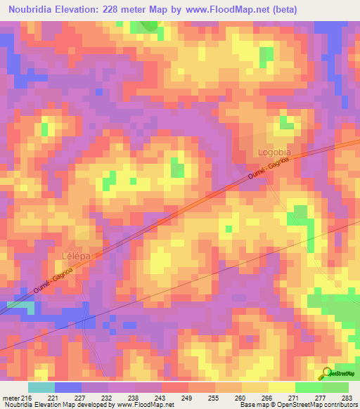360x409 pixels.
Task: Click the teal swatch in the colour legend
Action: pos(41,387)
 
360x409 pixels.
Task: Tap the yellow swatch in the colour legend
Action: pos(281,387)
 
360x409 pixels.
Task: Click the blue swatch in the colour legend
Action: pos(67,387)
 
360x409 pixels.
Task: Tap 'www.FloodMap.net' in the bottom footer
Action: pos(146,405)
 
